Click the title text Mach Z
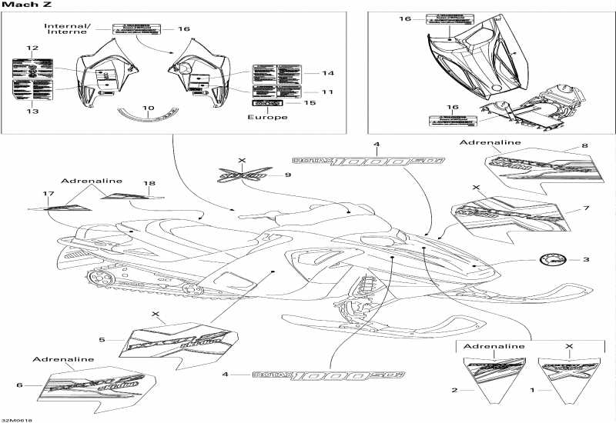point(21,6)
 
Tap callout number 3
point(585,260)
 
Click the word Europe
point(266,117)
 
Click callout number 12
point(32,48)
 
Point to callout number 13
point(32,112)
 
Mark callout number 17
point(49,193)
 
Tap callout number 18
point(149,183)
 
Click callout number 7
point(585,208)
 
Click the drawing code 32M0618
point(17,420)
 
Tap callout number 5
point(102,339)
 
